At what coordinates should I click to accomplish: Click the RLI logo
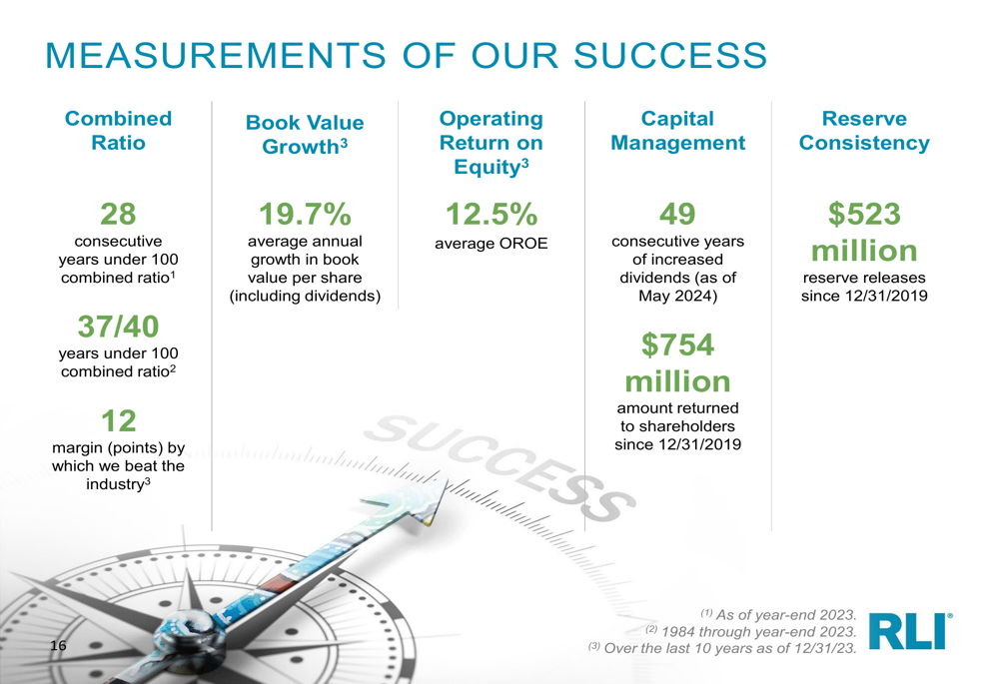point(910,630)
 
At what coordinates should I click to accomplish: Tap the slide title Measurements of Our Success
point(407,55)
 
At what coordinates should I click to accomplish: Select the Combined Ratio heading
point(119,130)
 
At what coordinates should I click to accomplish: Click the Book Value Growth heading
point(305,135)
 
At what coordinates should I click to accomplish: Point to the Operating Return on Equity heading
point(492,142)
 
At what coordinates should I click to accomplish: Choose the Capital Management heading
point(678,130)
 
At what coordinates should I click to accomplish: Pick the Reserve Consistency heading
point(864,130)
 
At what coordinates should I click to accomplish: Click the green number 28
point(119,214)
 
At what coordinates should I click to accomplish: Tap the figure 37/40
point(119,327)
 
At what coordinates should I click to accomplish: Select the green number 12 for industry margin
point(119,421)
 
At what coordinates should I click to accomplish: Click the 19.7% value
point(305,214)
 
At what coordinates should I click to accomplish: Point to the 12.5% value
point(492,214)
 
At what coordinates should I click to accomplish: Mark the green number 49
point(678,214)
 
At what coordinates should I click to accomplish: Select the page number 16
point(58,646)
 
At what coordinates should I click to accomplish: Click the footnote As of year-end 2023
point(778,614)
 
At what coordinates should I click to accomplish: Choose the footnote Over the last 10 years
point(722,648)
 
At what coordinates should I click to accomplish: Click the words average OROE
point(492,244)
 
